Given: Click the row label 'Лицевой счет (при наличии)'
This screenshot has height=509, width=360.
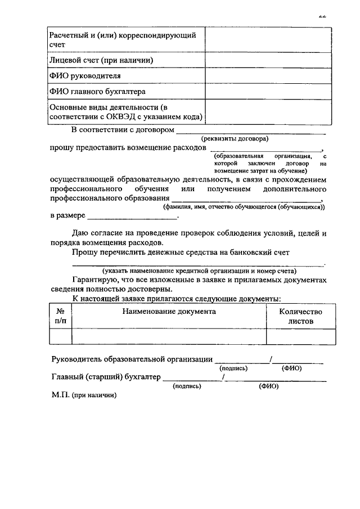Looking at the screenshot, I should (x=102, y=60).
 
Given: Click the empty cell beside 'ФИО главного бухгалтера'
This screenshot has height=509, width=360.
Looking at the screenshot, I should (x=268, y=91).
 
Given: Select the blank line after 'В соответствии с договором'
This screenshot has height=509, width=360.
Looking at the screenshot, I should (x=251, y=131).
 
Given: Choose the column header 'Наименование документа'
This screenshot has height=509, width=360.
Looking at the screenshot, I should (x=169, y=311).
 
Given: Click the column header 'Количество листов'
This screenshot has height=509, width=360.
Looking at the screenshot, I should (x=301, y=316).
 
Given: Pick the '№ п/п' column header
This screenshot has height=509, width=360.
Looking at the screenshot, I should (x=60, y=316).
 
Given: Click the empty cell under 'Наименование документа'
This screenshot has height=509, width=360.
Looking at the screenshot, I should (x=169, y=336).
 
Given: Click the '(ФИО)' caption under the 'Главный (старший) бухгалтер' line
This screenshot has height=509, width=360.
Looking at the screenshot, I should (x=268, y=386).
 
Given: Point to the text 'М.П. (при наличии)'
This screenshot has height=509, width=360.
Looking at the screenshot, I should (x=84, y=395).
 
